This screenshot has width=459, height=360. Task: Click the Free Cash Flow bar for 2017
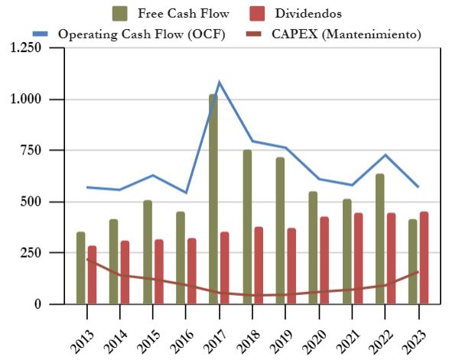pyautogui.click(x=213, y=199)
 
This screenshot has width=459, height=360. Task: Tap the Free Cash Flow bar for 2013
pyautogui.click(x=80, y=268)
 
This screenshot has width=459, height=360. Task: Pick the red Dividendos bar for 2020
pyautogui.click(x=324, y=260)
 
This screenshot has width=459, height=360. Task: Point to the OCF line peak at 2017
pyautogui.click(x=220, y=82)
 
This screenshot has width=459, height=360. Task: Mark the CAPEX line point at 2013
pyautogui.click(x=86, y=259)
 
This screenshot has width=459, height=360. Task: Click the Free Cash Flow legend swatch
pyautogui.click(x=120, y=13)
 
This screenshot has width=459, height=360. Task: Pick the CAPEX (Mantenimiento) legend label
pyautogui.click(x=346, y=34)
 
